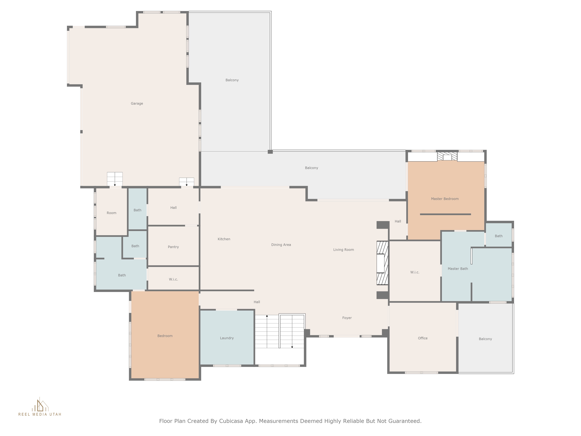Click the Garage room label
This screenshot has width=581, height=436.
[x=137, y=103]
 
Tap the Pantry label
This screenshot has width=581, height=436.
[x=173, y=247]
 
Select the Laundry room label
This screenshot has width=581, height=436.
[x=227, y=338]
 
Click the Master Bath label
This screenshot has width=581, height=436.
[x=458, y=269]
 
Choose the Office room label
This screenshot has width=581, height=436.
[x=423, y=338]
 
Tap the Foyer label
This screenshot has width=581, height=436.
[x=347, y=318]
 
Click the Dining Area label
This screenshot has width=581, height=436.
[x=281, y=245]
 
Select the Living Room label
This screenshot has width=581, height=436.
[x=344, y=250]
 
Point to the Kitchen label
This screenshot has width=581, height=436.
[x=224, y=239]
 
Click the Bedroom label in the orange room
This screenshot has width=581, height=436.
[x=165, y=336]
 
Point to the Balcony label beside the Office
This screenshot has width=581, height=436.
[x=485, y=339]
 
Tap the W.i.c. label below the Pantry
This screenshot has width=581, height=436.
[x=173, y=279]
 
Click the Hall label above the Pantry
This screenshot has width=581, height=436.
[x=173, y=208]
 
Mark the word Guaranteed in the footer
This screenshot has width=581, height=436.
[x=405, y=421]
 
